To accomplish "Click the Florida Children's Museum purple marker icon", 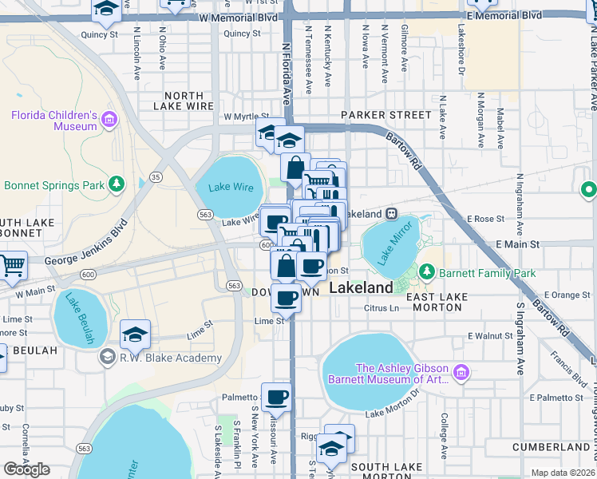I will coord(109,121).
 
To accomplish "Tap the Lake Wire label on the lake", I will coord(230,187).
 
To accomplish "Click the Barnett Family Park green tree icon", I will coord(427,272).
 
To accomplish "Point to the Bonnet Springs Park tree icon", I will coord(117,185).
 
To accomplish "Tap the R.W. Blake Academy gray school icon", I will coord(106,358).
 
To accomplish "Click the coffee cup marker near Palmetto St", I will coord(276,397).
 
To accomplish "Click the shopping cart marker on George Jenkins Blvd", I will coord(11,266).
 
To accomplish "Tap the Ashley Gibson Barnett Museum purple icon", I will coord(461,373).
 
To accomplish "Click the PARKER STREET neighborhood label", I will coord(385,115).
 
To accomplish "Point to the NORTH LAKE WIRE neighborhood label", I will coord(189,101).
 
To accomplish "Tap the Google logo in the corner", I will coord(27,469).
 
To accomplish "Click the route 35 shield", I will coord(156,176).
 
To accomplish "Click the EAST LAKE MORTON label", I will coord(437,298).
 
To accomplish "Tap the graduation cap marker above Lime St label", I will coord(135,335).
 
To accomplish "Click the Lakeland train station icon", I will coord(392,214).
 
